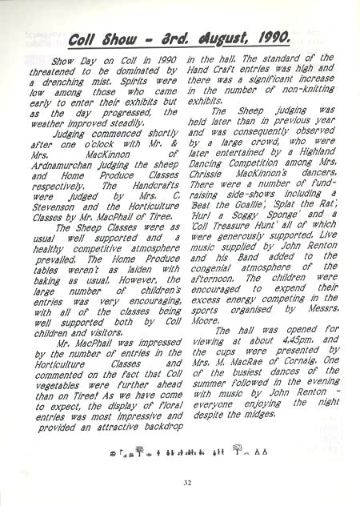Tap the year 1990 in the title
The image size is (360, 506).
277,37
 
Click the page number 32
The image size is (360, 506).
186,482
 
